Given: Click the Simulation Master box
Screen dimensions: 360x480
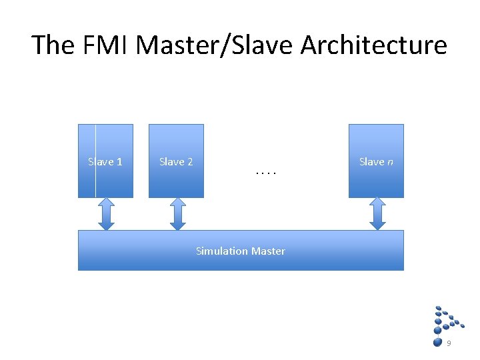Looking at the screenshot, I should [241, 260].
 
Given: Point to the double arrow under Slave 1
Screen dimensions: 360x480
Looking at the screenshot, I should [106, 214].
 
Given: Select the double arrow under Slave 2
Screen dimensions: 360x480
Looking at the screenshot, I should [177, 214].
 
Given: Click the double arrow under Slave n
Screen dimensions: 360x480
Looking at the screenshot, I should [377, 214].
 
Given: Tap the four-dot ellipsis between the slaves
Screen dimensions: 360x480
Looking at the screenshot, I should [265, 173].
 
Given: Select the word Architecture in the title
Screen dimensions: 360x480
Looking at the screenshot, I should [374, 45].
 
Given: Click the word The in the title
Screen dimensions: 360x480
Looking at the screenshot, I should [53, 45].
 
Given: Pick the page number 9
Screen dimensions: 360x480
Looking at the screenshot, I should [449, 343].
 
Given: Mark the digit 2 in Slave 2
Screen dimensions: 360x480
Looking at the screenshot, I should [190, 162].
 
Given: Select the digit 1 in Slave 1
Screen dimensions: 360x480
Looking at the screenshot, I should [119, 162].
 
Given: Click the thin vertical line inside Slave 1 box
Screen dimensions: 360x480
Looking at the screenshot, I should [95, 180].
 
